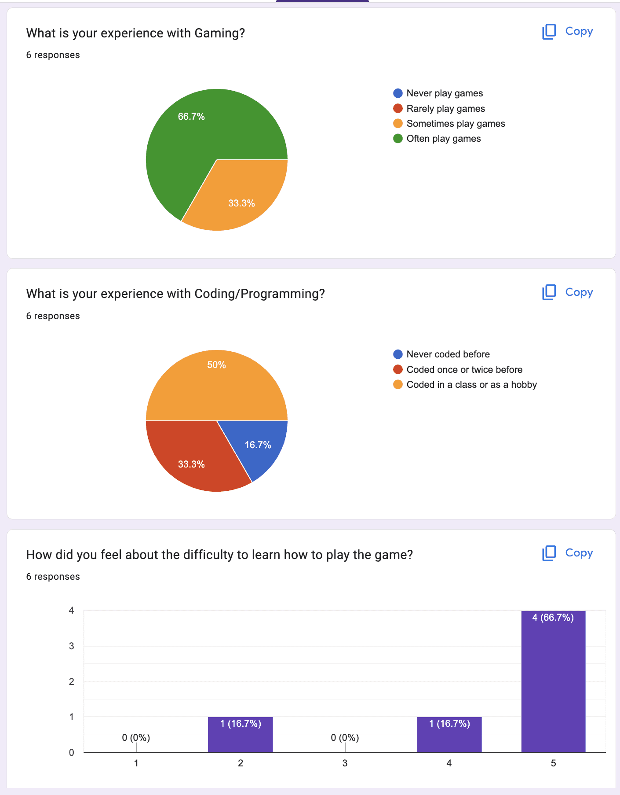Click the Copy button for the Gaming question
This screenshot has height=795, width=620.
tap(567, 32)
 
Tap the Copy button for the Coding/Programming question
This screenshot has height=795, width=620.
tap(567, 292)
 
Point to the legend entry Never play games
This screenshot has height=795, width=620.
tap(444, 93)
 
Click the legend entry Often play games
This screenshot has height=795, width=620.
tap(443, 139)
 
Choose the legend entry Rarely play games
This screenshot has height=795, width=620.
tap(445, 109)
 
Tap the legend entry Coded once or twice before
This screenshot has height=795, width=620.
tap(464, 370)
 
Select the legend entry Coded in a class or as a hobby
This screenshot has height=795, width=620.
tap(471, 385)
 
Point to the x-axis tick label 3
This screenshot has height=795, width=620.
tap(345, 763)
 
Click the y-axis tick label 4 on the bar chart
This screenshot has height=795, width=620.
tap(71, 611)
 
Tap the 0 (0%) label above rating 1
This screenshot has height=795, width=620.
tap(136, 738)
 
